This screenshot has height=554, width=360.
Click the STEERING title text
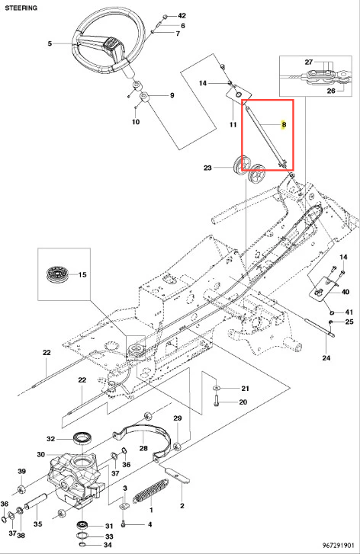[21, 8]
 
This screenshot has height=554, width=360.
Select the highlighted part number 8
[284, 125]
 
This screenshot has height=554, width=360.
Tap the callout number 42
[182, 16]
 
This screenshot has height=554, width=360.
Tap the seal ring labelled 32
[83, 438]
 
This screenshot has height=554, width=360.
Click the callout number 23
[207, 168]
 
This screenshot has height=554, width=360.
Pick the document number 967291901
[338, 546]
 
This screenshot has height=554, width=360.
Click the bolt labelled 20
[217, 401]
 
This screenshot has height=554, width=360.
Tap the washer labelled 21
[217, 389]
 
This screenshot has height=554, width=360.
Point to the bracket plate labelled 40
[323, 288]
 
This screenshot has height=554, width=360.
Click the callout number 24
[326, 358]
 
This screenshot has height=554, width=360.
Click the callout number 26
[331, 91]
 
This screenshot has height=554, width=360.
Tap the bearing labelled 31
[84, 524]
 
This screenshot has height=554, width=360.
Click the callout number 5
[50, 43]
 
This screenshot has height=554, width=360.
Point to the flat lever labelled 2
[178, 475]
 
